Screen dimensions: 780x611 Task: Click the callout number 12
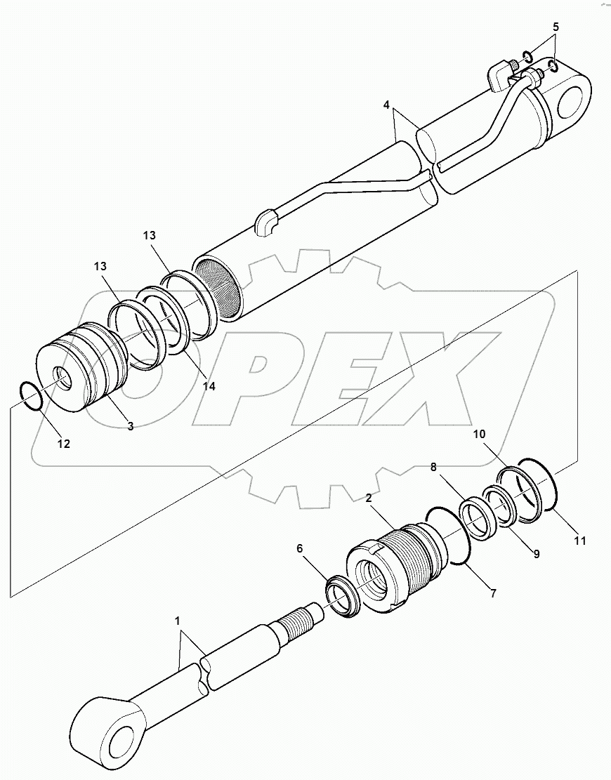[64, 444]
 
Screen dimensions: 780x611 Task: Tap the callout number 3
[131, 426]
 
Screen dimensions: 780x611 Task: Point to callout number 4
[386, 105]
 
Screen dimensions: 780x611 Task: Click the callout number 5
[556, 27]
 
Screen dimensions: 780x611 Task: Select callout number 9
[536, 554]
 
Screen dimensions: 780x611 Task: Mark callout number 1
[178, 621]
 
